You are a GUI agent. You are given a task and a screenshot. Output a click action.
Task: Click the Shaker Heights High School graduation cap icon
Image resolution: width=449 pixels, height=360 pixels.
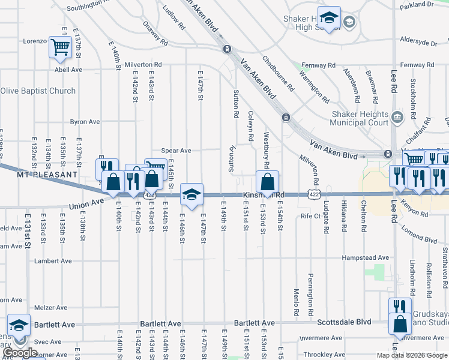click(x=328, y=18)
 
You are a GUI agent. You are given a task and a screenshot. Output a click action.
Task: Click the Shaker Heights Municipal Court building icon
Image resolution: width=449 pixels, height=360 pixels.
click(x=397, y=117)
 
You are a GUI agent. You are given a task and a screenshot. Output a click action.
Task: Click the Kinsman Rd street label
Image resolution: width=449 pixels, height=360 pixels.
click(x=263, y=196)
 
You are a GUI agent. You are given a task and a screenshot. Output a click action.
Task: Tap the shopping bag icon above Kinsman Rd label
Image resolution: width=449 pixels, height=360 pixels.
click(x=267, y=181)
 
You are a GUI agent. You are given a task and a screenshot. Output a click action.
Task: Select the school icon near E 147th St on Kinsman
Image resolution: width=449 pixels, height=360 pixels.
click(x=191, y=194)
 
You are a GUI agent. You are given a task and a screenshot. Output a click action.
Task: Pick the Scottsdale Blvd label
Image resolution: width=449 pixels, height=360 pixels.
click(x=334, y=322)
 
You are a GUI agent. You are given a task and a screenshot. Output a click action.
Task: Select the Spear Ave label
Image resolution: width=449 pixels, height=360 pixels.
click(x=175, y=151)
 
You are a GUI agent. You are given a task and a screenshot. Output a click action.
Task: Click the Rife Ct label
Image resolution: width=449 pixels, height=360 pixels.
click(x=312, y=215)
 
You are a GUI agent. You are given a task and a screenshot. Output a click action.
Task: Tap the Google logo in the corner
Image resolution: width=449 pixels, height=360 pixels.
click(x=20, y=353)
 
